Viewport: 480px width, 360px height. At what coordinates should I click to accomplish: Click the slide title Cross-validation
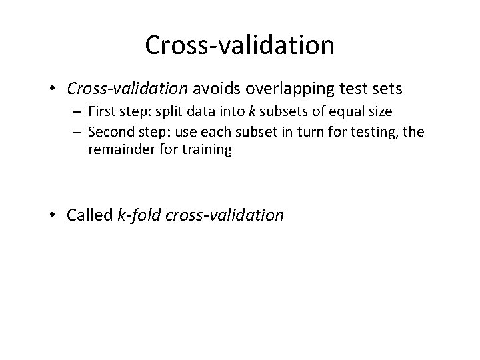tap(239, 45)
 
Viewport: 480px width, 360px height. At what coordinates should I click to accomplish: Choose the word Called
tap(90, 215)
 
